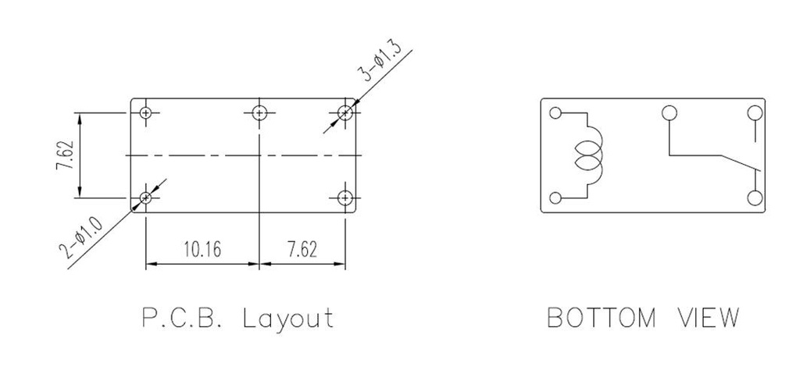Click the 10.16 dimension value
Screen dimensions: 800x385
click(202, 250)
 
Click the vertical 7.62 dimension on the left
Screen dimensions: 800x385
click(66, 155)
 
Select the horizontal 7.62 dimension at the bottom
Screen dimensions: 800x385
click(302, 250)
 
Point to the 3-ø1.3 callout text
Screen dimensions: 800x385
click(381, 64)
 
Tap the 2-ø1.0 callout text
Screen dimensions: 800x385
click(81, 237)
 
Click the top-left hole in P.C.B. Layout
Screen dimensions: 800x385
click(146, 112)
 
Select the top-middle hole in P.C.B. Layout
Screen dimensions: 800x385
click(259, 112)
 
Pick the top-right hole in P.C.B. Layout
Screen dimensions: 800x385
click(345, 112)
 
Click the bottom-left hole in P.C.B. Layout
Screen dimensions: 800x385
click(146, 198)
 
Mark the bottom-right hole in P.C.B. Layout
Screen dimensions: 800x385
click(345, 198)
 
